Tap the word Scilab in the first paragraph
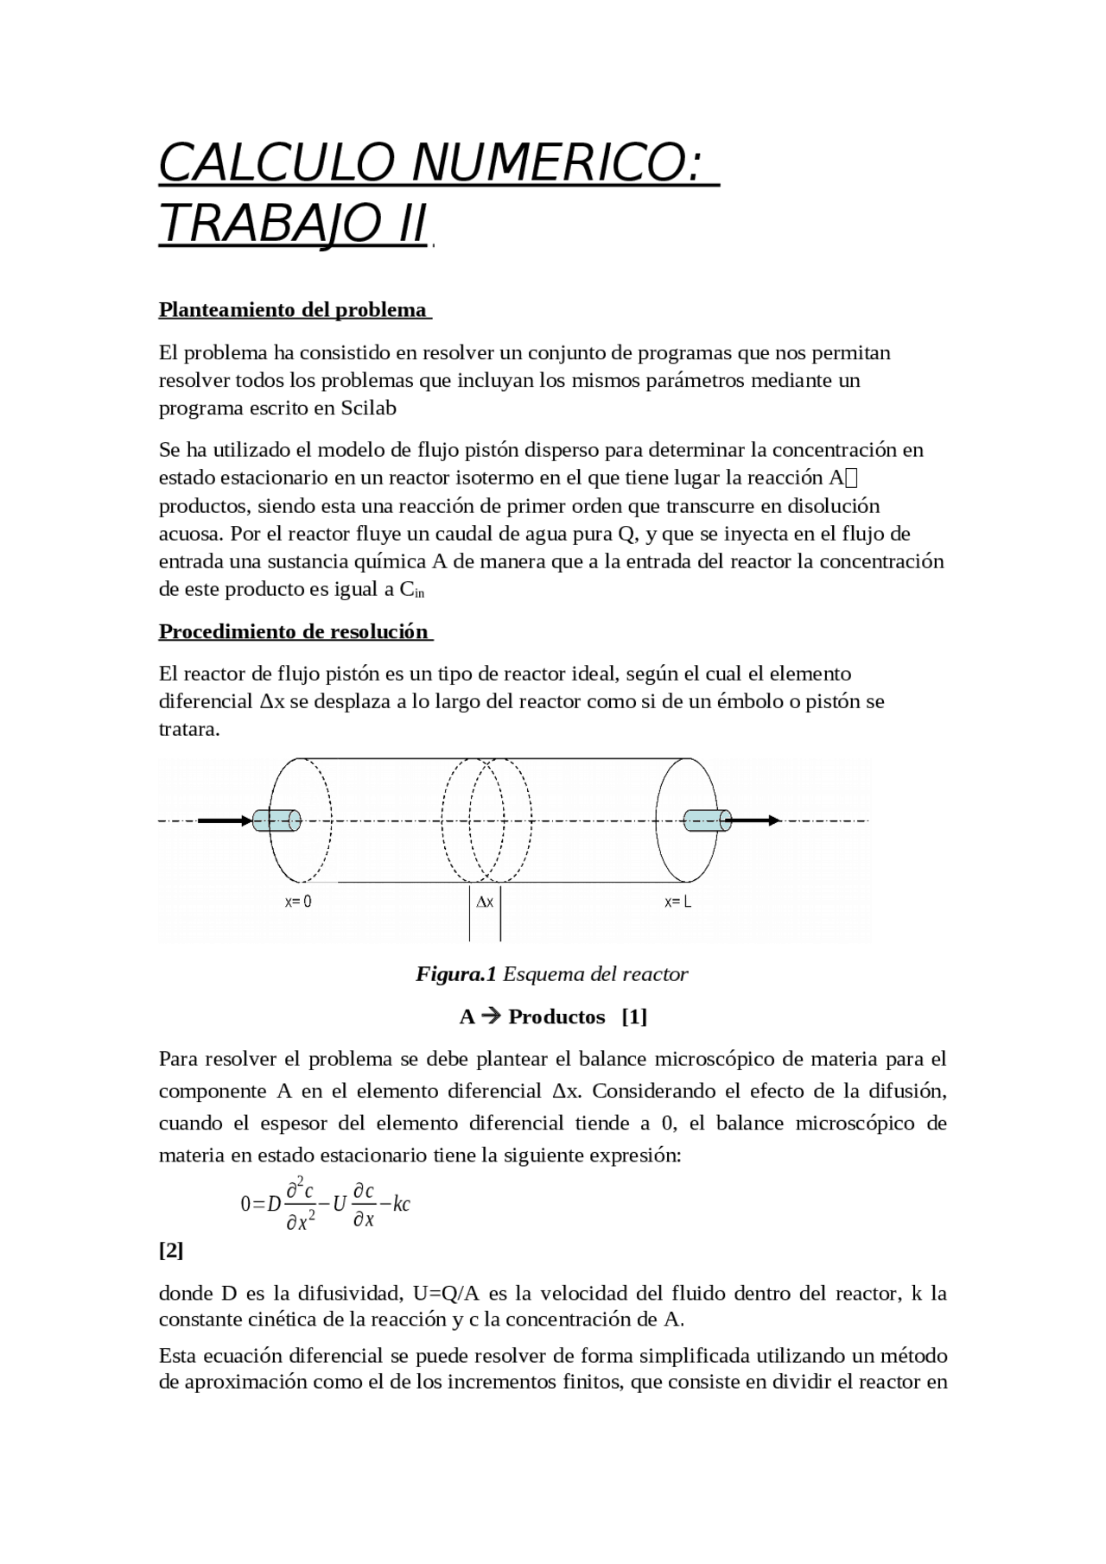368,408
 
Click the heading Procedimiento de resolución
294,632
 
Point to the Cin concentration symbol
412,591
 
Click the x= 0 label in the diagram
298,902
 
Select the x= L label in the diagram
677,902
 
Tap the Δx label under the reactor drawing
485,902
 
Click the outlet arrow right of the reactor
756,820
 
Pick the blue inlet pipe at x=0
276,820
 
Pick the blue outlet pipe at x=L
707,820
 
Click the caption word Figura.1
455,975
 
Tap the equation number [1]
634,1017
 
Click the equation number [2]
171,1251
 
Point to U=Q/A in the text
446,1294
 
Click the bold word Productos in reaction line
556,1017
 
